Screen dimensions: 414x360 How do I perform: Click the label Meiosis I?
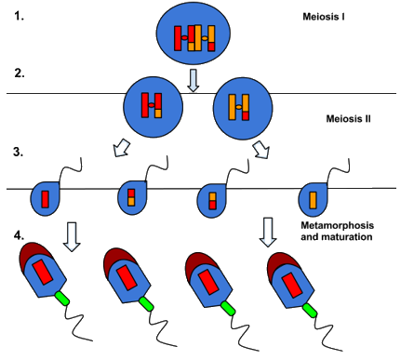coord(324,17)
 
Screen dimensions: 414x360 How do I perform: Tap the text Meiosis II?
coord(348,119)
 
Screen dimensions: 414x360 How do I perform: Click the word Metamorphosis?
coord(337,225)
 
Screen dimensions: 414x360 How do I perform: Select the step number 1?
coord(19,16)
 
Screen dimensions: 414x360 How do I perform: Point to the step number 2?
coord(20,73)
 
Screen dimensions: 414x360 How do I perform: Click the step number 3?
coord(19,152)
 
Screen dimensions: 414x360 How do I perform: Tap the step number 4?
coord(19,235)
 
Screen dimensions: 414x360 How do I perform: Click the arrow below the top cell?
coord(194,80)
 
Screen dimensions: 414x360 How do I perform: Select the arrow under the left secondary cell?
coord(122,148)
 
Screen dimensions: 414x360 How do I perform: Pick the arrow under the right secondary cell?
coord(261,150)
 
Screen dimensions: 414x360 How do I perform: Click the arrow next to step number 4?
coord(72,236)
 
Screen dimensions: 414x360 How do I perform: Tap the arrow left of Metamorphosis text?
coord(268,233)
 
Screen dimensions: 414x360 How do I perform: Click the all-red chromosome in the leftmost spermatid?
coord(46,199)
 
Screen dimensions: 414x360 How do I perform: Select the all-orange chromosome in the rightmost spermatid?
coord(313,200)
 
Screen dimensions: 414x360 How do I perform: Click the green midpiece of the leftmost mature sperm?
coord(62,299)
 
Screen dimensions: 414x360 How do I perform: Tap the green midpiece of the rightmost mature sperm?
coord(310,311)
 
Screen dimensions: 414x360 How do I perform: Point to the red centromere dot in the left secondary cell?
coord(152,105)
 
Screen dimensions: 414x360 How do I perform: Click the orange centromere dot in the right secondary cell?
coord(239,107)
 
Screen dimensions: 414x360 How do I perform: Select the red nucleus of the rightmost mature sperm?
coord(292,286)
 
